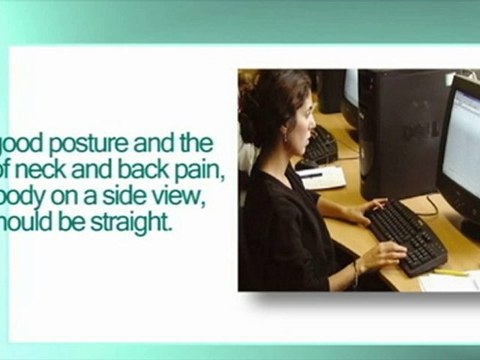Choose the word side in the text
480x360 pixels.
(x=132, y=198)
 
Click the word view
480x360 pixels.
(x=181, y=198)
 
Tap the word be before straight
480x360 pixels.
(x=80, y=223)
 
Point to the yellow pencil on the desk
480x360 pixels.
(x=449, y=272)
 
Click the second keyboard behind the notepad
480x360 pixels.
(x=318, y=148)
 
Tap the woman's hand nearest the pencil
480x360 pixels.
(x=384, y=256)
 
